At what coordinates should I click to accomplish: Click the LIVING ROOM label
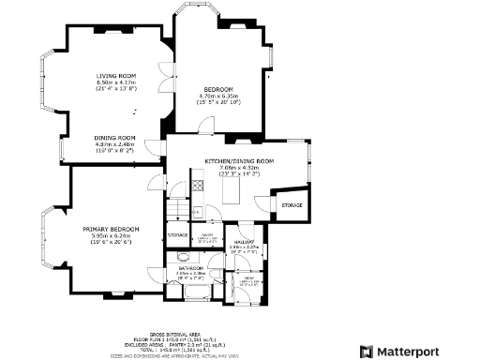[x=116, y=76]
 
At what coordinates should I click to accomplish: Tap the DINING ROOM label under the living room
[x=115, y=138]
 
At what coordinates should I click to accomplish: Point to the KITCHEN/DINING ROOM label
[x=239, y=161]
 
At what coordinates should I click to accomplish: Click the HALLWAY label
[x=247, y=243]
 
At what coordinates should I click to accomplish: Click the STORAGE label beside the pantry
[x=177, y=234]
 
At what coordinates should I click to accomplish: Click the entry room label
[x=249, y=278]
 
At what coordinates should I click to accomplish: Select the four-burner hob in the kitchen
[x=198, y=186]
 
